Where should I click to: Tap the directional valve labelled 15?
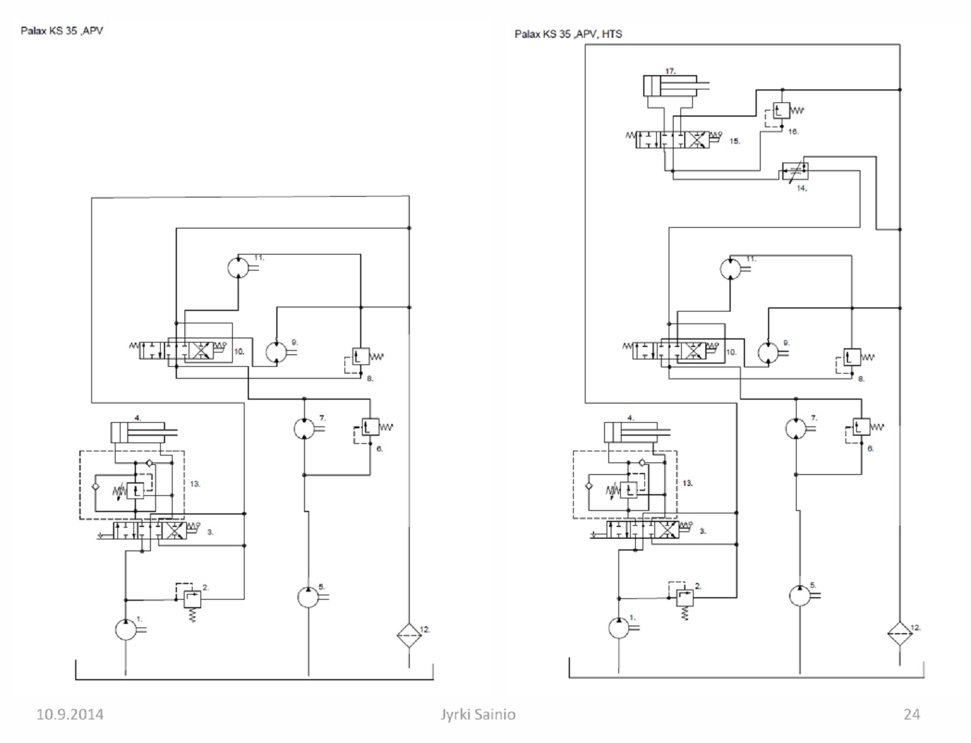click(x=673, y=139)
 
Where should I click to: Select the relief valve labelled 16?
click(x=782, y=110)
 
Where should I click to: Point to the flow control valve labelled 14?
click(x=795, y=171)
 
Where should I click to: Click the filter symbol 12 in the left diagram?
click(x=409, y=635)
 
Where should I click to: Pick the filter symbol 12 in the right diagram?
click(x=900, y=633)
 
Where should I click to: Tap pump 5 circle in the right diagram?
click(x=800, y=595)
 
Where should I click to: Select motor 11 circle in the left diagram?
click(x=238, y=268)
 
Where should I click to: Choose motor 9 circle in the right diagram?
click(x=769, y=353)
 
